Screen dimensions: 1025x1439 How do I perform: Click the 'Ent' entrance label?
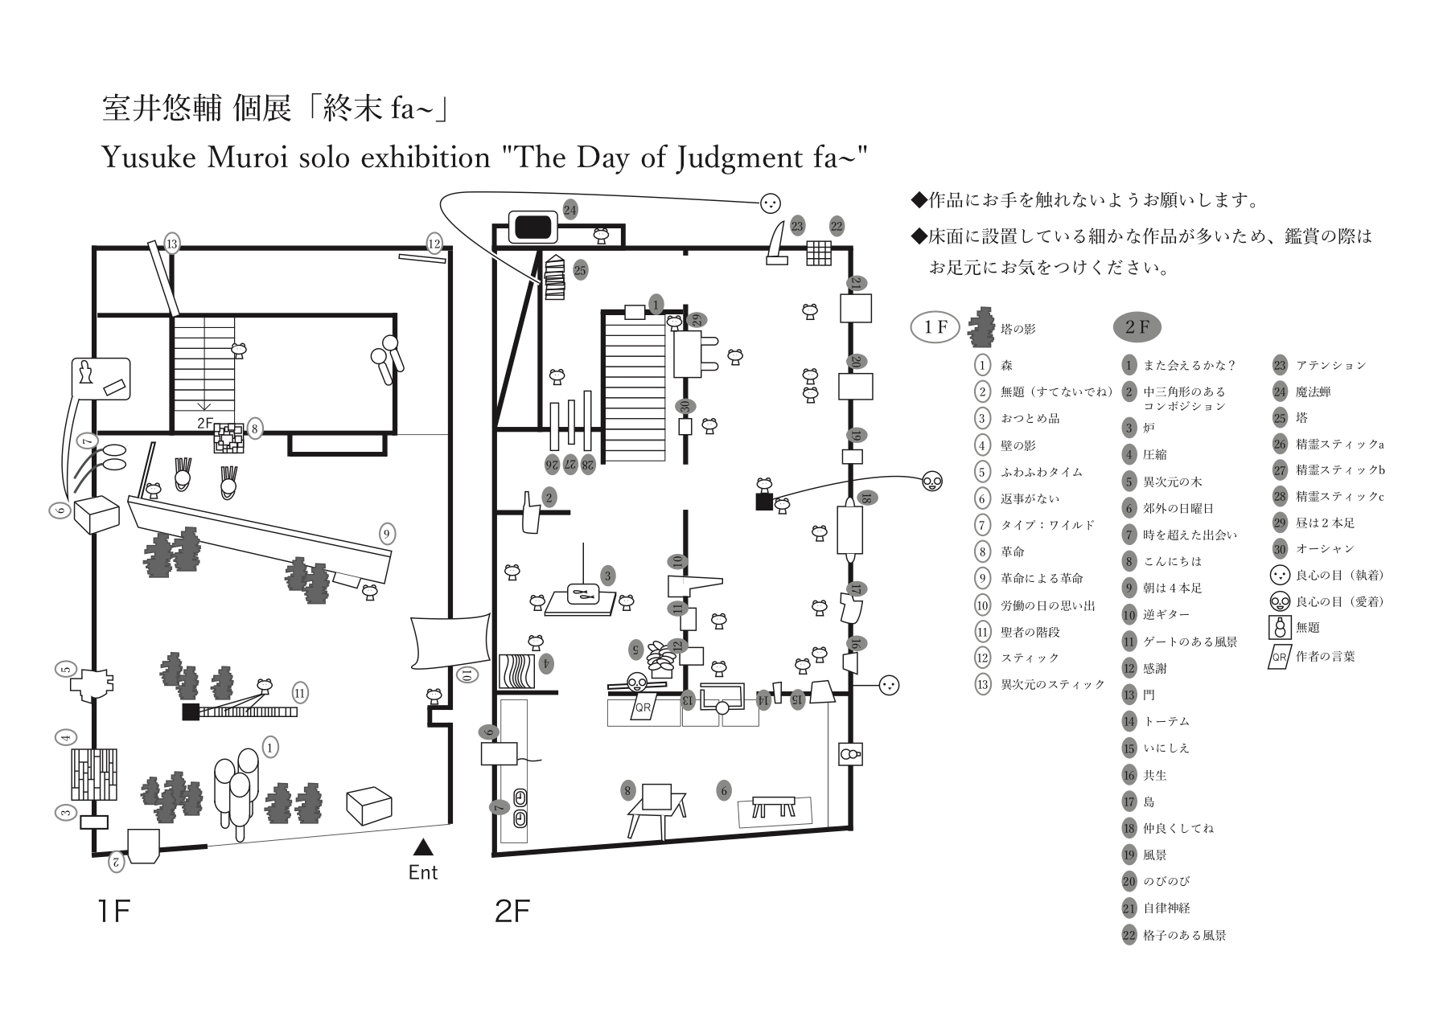click(423, 873)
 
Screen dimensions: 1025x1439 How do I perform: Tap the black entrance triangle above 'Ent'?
click(423, 847)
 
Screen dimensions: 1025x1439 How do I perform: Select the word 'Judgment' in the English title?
click(735, 158)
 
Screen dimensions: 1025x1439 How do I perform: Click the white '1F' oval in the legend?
click(935, 327)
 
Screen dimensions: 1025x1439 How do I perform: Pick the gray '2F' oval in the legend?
click(1137, 327)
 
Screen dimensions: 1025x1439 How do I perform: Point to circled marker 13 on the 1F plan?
click(171, 244)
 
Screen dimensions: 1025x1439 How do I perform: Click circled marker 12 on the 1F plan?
click(434, 244)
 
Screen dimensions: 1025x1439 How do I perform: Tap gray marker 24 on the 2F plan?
click(570, 211)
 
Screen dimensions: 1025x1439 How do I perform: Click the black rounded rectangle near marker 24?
click(533, 226)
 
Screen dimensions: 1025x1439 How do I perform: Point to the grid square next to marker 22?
click(818, 252)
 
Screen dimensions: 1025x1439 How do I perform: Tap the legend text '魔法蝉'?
click(1313, 392)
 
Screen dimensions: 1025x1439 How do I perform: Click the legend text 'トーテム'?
click(1166, 721)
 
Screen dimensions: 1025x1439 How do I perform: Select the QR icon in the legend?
click(1278, 657)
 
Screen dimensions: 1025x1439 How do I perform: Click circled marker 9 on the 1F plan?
click(386, 533)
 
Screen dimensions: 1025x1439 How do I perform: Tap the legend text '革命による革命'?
click(1042, 579)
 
